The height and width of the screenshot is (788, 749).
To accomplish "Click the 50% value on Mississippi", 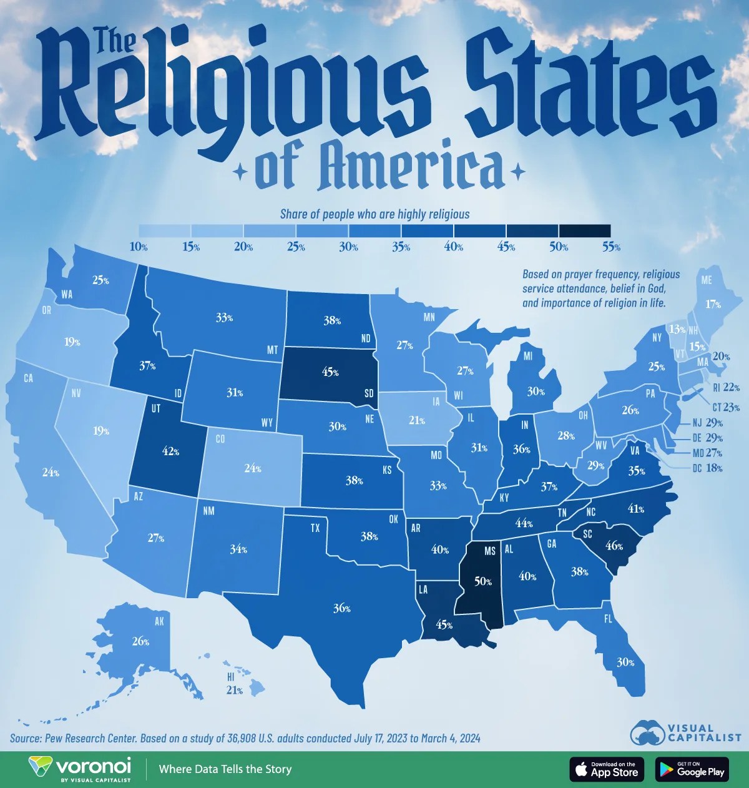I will (x=483, y=581).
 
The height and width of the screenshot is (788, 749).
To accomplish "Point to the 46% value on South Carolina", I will (x=614, y=545).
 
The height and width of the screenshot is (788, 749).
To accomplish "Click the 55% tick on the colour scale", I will (x=611, y=247).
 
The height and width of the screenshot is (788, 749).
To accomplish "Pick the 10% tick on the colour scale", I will (x=139, y=247).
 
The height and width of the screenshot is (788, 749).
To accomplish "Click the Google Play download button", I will (x=692, y=769).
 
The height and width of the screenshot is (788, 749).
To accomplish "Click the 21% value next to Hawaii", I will (x=234, y=690).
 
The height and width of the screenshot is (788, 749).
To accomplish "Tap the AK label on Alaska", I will (x=159, y=621).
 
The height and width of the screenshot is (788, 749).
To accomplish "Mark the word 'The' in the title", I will (x=116, y=42).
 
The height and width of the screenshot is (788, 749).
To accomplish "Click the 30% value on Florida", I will (x=626, y=662).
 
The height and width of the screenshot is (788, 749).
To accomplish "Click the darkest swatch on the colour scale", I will (x=585, y=231).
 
